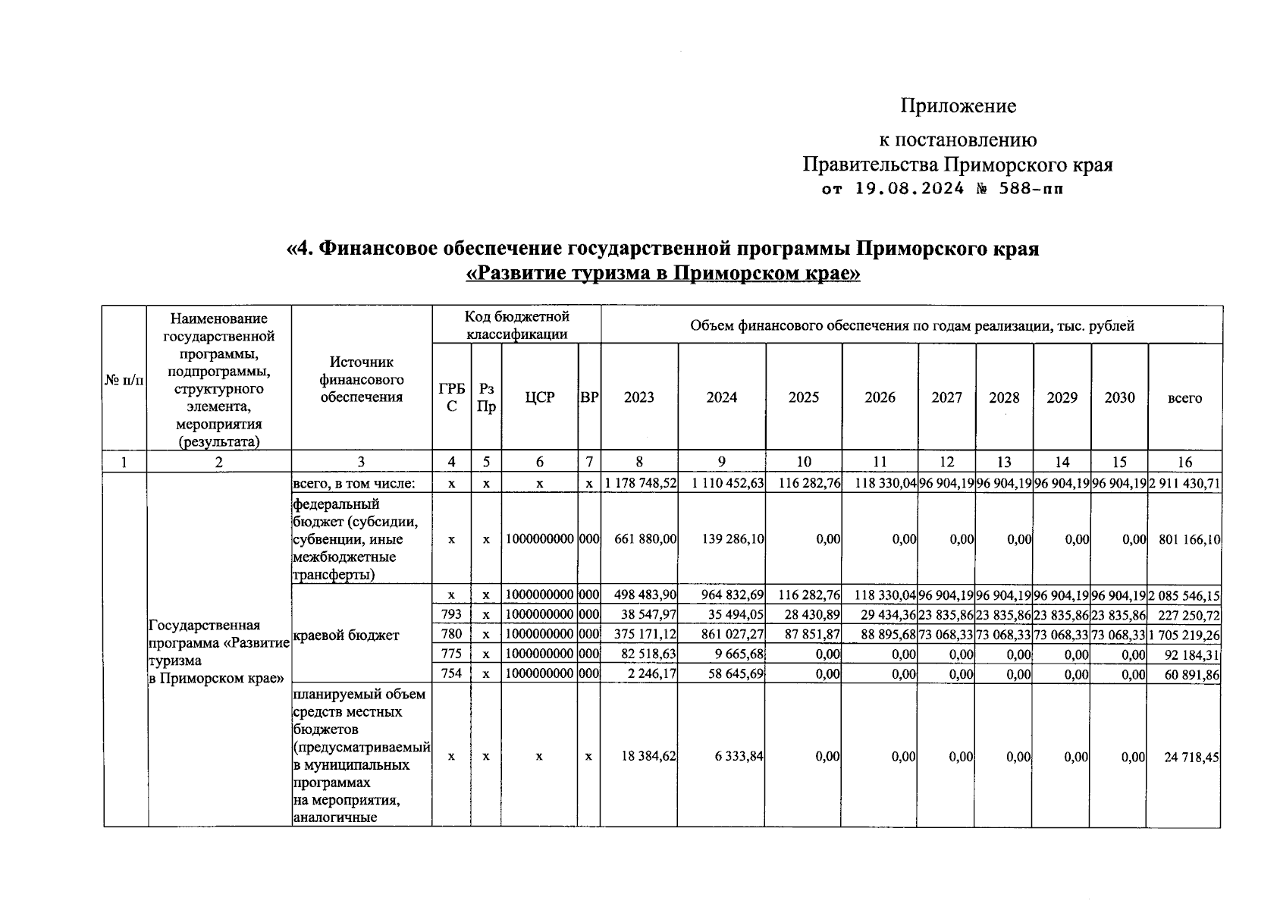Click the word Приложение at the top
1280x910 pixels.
point(958,106)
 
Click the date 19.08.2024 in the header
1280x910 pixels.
point(908,189)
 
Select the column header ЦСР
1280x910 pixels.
point(539,397)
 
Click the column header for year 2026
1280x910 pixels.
point(880,397)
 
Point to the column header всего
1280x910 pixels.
point(1184,397)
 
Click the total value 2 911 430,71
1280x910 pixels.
point(1184,484)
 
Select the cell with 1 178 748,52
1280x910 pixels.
point(640,484)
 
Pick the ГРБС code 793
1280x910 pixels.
point(451,615)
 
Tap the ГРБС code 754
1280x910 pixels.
point(451,673)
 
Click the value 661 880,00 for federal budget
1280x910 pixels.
point(645,539)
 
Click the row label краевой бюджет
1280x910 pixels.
point(345,635)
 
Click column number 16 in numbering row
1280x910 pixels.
point(1184,463)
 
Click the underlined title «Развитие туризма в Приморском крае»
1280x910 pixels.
point(663,273)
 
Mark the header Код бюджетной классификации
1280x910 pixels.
point(517,325)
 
